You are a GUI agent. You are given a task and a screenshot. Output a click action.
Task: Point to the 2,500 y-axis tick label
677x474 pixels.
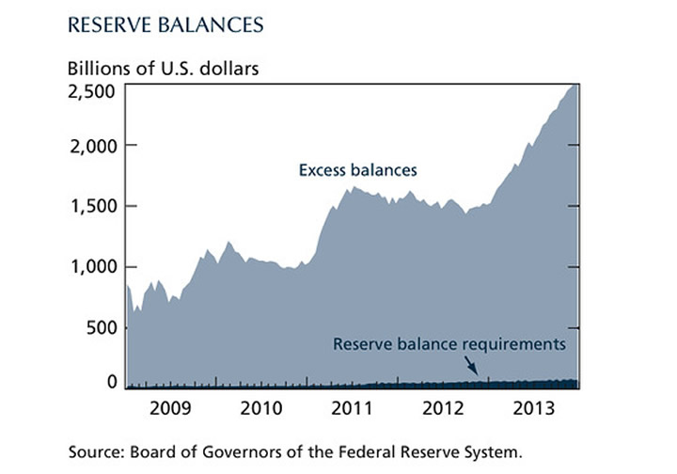tap(91, 91)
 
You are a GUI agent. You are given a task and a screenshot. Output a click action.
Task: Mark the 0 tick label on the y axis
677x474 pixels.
tap(111, 382)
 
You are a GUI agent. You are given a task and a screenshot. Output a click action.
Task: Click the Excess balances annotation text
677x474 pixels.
tap(357, 171)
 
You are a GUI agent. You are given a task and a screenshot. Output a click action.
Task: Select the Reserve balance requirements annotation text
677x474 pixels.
tap(449, 344)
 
